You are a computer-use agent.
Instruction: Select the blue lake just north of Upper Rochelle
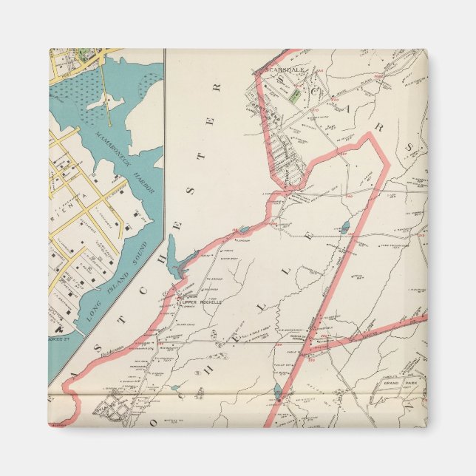174,254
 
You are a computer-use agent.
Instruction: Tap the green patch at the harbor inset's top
83,54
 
